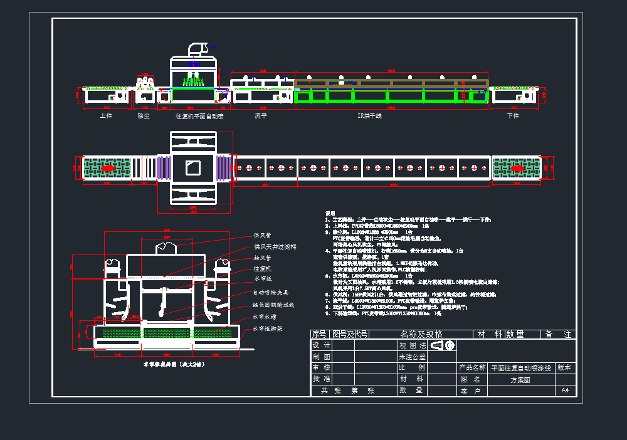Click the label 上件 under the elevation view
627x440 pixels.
pos(106,115)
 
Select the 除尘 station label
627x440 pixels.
pos(144,115)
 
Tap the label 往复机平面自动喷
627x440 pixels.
pos(200,116)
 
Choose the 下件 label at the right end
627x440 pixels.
pos(513,115)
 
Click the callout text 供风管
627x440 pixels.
pos(261,236)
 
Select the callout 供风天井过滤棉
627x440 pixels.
pos(275,247)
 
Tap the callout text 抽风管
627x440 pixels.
pos(261,258)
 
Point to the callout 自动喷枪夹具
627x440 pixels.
pos(271,292)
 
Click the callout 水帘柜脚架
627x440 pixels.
pos(268,328)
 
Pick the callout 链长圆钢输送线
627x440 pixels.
pos(273,305)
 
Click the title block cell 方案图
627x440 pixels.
pos(520,379)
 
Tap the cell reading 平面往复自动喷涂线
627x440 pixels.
pos(521,368)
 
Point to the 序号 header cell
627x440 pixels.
pos(319,334)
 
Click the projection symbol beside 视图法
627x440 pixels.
pos(443,345)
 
